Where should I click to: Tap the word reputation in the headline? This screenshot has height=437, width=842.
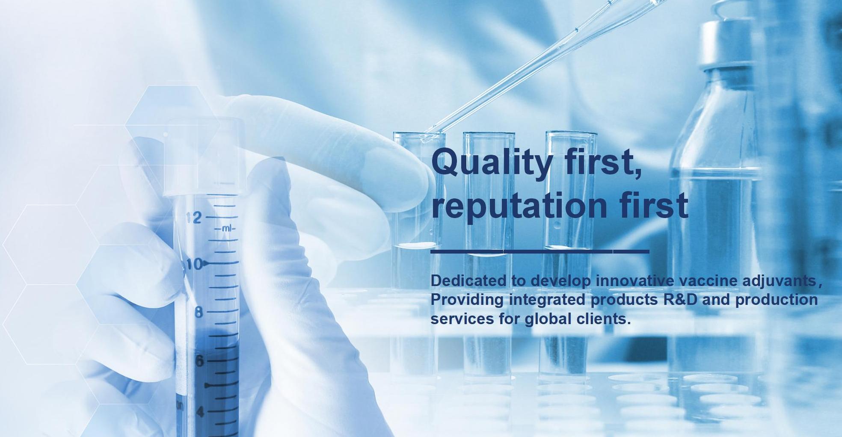tap(519, 206)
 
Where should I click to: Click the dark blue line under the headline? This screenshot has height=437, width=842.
tap(540, 251)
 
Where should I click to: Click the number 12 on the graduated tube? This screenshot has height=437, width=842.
tap(194, 218)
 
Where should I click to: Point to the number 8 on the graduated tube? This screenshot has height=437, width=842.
tap(198, 313)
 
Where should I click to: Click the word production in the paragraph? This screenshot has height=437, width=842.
tap(777, 301)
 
